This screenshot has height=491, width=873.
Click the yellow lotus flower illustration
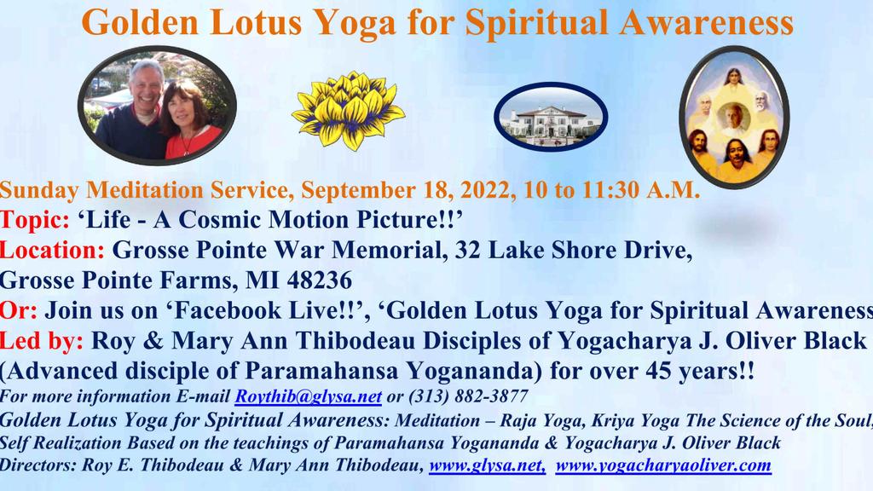[x=349, y=110]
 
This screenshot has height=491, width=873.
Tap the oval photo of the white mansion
[x=551, y=117]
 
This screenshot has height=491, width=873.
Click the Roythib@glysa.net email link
[x=309, y=396]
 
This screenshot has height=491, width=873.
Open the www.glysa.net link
[x=487, y=465]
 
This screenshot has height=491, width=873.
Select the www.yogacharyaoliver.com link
[x=663, y=465]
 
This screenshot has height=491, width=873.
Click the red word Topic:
[x=34, y=220]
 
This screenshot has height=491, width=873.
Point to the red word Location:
[x=52, y=250]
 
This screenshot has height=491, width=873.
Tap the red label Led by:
[x=41, y=341]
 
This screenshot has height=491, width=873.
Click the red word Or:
[x=19, y=310]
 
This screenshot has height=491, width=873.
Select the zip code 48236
[x=319, y=280]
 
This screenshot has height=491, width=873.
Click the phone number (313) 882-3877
[x=468, y=396]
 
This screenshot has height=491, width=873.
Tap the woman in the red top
[x=188, y=119]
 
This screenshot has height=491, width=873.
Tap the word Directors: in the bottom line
[x=38, y=465]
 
